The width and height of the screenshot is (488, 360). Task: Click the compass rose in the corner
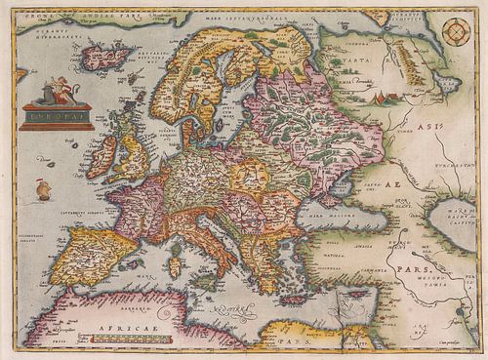[x=455, y=31]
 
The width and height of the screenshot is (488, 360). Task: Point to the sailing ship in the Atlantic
[x=44, y=188]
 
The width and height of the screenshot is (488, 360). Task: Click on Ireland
[x=101, y=156]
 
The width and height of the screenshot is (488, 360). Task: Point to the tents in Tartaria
[x=390, y=97]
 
